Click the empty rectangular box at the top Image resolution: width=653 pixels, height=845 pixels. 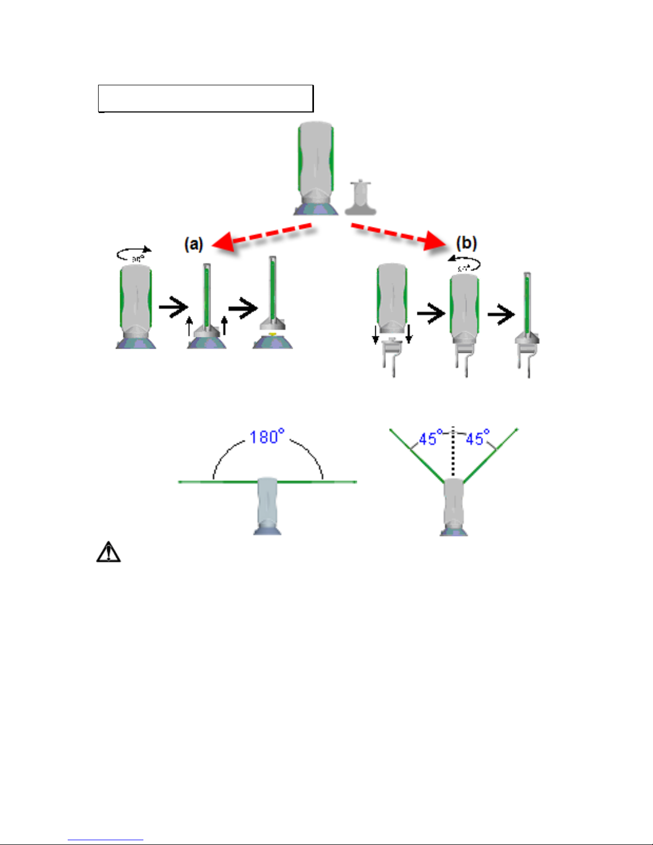(205, 98)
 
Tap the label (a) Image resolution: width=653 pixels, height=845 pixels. (194, 244)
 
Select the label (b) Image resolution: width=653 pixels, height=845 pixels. (466, 243)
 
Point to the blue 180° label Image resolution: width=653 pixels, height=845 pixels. (267, 437)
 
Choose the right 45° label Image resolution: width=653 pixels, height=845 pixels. (477, 438)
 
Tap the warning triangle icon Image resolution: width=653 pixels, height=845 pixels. (108, 552)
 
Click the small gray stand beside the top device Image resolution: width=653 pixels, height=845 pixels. (361, 198)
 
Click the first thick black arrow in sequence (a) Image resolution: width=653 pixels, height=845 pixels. (174, 307)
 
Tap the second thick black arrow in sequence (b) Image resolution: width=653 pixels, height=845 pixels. (501, 316)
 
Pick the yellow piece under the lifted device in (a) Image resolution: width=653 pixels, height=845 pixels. (272, 334)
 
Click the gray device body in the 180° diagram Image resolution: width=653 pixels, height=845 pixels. (267, 504)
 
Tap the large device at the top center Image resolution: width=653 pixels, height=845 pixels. (316, 165)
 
